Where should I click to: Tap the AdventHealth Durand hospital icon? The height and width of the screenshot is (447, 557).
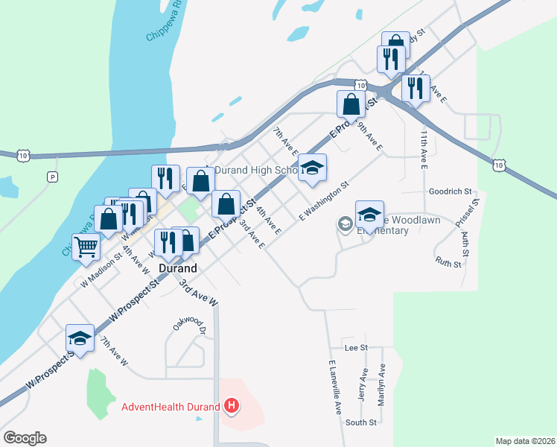[232, 406]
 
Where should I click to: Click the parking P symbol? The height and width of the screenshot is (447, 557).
[51, 177]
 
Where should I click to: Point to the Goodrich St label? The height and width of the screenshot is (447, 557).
[451, 191]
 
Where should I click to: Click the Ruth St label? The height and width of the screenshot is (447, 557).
[448, 262]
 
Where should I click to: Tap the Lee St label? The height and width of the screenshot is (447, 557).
[356, 348]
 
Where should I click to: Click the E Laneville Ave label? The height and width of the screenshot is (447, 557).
[335, 388]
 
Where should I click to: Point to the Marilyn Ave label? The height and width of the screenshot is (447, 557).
[381, 384]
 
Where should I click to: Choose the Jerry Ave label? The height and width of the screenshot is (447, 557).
[363, 385]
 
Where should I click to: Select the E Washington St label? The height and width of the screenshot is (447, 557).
[324, 201]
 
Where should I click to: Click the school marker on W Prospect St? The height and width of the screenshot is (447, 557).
[79, 338]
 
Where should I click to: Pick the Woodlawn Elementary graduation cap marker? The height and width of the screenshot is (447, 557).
[369, 214]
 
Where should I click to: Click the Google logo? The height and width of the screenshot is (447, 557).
[25, 438]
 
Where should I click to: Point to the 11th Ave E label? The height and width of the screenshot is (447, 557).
[423, 150]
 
